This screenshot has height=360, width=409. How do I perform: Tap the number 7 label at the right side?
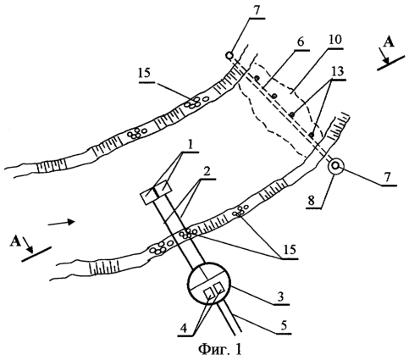tap(387, 178)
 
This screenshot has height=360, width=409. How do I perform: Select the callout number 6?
tap(301, 42)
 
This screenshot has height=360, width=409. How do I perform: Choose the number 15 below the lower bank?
tap(287, 250)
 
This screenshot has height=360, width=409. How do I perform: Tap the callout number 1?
tap(191, 146)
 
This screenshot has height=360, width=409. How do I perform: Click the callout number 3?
tap(280, 297)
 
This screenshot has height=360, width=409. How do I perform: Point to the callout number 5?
tap(283, 325)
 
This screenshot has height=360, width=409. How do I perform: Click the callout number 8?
tap(311, 201)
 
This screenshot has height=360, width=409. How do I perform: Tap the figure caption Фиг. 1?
tap(220, 350)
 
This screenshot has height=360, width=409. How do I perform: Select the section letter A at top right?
tap(389, 42)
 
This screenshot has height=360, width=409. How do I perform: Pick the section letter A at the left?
tap(15, 241)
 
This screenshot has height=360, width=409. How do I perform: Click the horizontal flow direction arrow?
tap(61, 223)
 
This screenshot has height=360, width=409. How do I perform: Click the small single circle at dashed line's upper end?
tap(229, 55)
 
